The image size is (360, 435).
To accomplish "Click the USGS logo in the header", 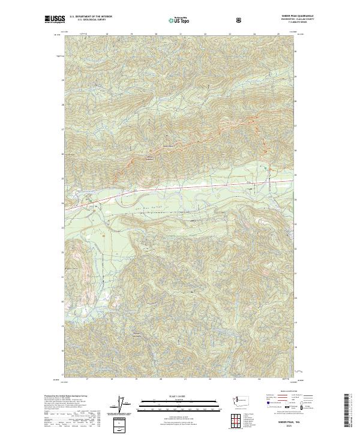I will click(55, 19).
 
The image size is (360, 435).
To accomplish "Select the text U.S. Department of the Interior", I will click(91, 17).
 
